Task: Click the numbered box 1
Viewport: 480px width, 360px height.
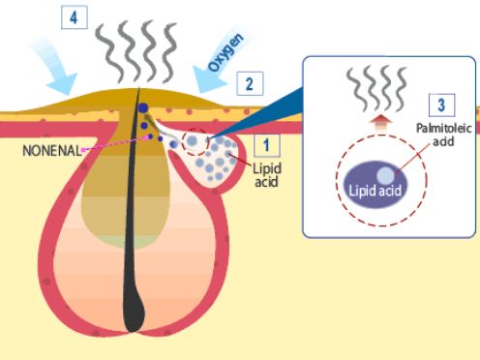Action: coord(266,145)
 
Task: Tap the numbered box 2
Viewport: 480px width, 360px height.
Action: coord(249,83)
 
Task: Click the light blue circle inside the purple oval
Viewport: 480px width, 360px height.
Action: coord(386,174)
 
